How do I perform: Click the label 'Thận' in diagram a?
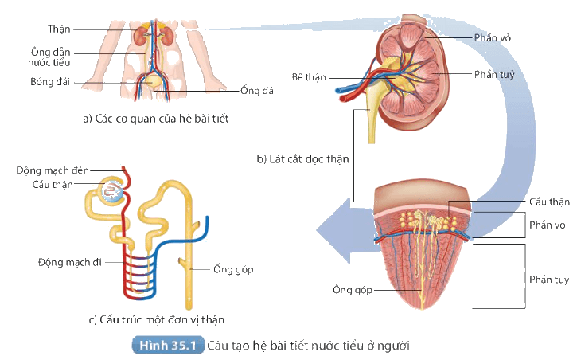click(x=59, y=29)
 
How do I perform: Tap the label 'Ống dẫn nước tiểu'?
click(x=49, y=57)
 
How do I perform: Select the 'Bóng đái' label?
click(x=50, y=82)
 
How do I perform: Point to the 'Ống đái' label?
click(x=258, y=90)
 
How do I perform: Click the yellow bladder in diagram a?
click(x=152, y=80)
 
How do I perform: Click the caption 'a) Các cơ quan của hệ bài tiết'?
click(x=156, y=119)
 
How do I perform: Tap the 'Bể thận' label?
click(x=309, y=77)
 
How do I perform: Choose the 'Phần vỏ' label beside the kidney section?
click(x=493, y=37)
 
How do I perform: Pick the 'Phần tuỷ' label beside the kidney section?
click(x=494, y=75)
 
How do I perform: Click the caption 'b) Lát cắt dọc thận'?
click(x=302, y=159)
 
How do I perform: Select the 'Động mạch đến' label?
click(x=53, y=170)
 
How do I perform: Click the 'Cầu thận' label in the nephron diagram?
click(x=53, y=184)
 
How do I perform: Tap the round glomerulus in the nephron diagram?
click(x=113, y=191)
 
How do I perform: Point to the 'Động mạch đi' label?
click(x=70, y=262)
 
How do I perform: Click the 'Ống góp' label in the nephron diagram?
click(x=233, y=269)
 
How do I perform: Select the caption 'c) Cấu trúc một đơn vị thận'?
click(x=157, y=319)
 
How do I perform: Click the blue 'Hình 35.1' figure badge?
click(x=168, y=346)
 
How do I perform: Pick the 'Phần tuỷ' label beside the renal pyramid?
click(x=549, y=280)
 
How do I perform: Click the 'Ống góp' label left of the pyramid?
click(x=353, y=290)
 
